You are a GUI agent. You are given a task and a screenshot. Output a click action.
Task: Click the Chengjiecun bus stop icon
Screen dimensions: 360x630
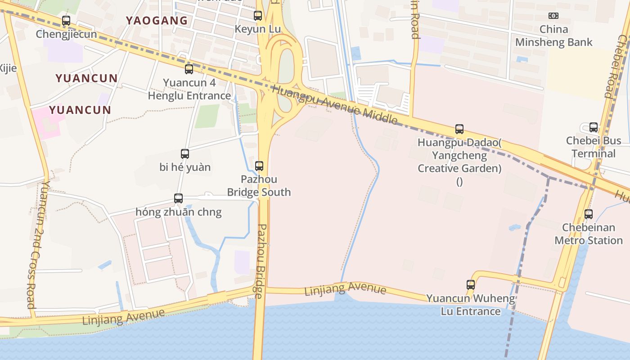66,20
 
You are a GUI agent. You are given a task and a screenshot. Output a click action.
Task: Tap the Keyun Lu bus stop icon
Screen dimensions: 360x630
258,16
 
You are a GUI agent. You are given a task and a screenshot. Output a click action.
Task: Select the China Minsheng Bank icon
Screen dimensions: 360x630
553,16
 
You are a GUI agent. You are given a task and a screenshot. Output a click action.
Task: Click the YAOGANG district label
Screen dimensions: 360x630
157,21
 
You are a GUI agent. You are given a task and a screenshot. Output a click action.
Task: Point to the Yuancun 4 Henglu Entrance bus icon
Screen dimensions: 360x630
189,69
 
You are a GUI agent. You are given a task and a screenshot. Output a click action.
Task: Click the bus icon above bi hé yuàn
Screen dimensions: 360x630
185,154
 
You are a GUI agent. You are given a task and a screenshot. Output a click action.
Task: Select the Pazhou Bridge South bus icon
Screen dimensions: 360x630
259,166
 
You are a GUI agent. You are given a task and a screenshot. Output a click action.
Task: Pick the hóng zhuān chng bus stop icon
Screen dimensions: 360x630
178,198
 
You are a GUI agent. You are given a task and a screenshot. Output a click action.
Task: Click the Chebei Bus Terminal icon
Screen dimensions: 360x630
594,127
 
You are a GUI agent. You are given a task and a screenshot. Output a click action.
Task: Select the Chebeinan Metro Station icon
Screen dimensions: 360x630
589,214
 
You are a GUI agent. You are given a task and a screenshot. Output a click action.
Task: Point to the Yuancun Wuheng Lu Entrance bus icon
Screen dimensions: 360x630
471,285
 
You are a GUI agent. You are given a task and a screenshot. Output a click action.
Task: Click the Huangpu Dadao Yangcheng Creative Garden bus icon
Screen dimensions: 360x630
459,129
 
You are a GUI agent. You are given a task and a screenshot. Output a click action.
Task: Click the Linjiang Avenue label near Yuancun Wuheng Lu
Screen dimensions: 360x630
345,289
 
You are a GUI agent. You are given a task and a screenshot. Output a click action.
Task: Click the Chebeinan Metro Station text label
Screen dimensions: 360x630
589,234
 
